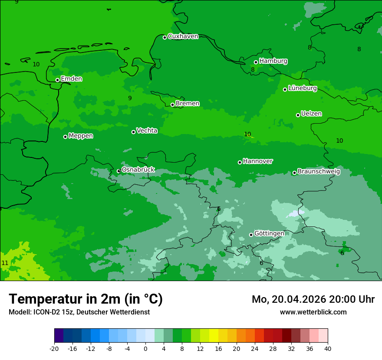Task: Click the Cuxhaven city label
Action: pos(183,36)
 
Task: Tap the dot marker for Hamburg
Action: pos(256,62)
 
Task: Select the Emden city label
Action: pos(71,79)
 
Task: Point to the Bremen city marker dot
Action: pos(172,105)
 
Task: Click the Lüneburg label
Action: pos(302,88)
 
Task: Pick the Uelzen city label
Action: pos(311,114)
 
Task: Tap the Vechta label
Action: pos(147,131)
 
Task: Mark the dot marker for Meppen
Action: pos(65,137)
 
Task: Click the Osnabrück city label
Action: pos(138,170)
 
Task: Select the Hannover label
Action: pos(257,161)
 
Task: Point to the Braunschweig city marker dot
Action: pos(294,173)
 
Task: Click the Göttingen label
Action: pos(269,234)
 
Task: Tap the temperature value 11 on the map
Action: pos(5,263)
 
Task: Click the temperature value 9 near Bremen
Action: pos(130,98)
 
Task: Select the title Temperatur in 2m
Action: pos(86,299)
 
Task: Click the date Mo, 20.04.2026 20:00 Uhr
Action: pos(313,299)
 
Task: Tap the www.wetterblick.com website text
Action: pos(313,312)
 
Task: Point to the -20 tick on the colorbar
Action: pos(54,348)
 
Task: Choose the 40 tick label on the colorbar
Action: pos(328,348)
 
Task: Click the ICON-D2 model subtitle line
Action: pos(79,312)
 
